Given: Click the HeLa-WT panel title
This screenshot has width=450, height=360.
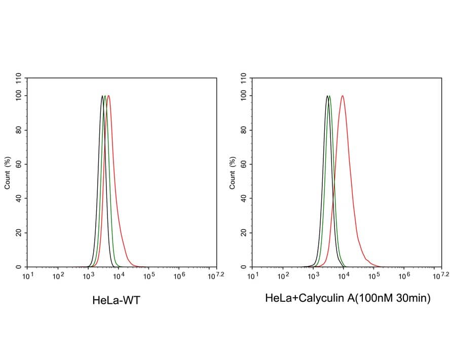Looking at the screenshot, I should click(x=116, y=300).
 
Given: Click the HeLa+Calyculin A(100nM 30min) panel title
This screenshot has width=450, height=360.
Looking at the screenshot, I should click(x=348, y=299).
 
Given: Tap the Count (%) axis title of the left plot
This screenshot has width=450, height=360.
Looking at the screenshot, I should click(x=8, y=173).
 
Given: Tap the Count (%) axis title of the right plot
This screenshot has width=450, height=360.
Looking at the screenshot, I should click(x=233, y=173).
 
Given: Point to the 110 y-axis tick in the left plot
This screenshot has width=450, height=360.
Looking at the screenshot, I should click(x=19, y=78).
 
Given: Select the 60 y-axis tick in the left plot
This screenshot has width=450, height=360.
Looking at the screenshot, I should click(x=19, y=164).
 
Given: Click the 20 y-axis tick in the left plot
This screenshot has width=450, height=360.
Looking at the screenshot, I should click(x=19, y=232).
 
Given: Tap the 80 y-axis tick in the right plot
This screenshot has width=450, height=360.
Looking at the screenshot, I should click(x=244, y=130).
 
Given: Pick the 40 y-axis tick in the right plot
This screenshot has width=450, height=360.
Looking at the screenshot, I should click(x=244, y=198).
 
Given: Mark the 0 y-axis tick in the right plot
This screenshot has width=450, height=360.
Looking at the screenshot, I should click(x=244, y=267).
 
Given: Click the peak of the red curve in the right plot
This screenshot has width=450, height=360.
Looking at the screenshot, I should click(x=343, y=96).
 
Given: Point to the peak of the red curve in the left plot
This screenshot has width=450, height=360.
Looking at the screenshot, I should click(x=108, y=96).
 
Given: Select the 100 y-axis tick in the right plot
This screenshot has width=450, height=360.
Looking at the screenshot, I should click(x=244, y=96).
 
